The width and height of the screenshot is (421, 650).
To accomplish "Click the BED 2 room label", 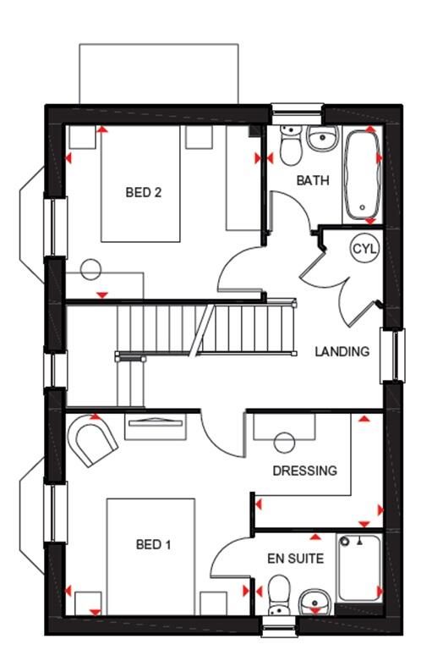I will pyautogui.click(x=143, y=192).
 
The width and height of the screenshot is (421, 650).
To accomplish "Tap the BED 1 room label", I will pyautogui.click(x=153, y=544).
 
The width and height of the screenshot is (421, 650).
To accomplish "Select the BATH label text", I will pyautogui.click(x=312, y=181).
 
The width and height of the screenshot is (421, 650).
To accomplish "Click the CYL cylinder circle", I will pyautogui.click(x=365, y=249).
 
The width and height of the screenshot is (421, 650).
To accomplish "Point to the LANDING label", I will pyautogui.click(x=342, y=351).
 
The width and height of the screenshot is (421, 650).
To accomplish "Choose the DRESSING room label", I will pyautogui.click(x=304, y=471).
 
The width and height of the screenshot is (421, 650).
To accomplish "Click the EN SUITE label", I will pyautogui.click(x=296, y=558).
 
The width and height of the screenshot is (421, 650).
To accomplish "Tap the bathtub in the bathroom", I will pyautogui.click(x=362, y=174).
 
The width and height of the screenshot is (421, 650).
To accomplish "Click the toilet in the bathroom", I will pyautogui.click(x=290, y=146).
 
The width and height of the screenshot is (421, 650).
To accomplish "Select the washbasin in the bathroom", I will pyautogui.click(x=322, y=138).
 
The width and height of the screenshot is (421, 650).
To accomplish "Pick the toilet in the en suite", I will pyautogui.click(x=278, y=598).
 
